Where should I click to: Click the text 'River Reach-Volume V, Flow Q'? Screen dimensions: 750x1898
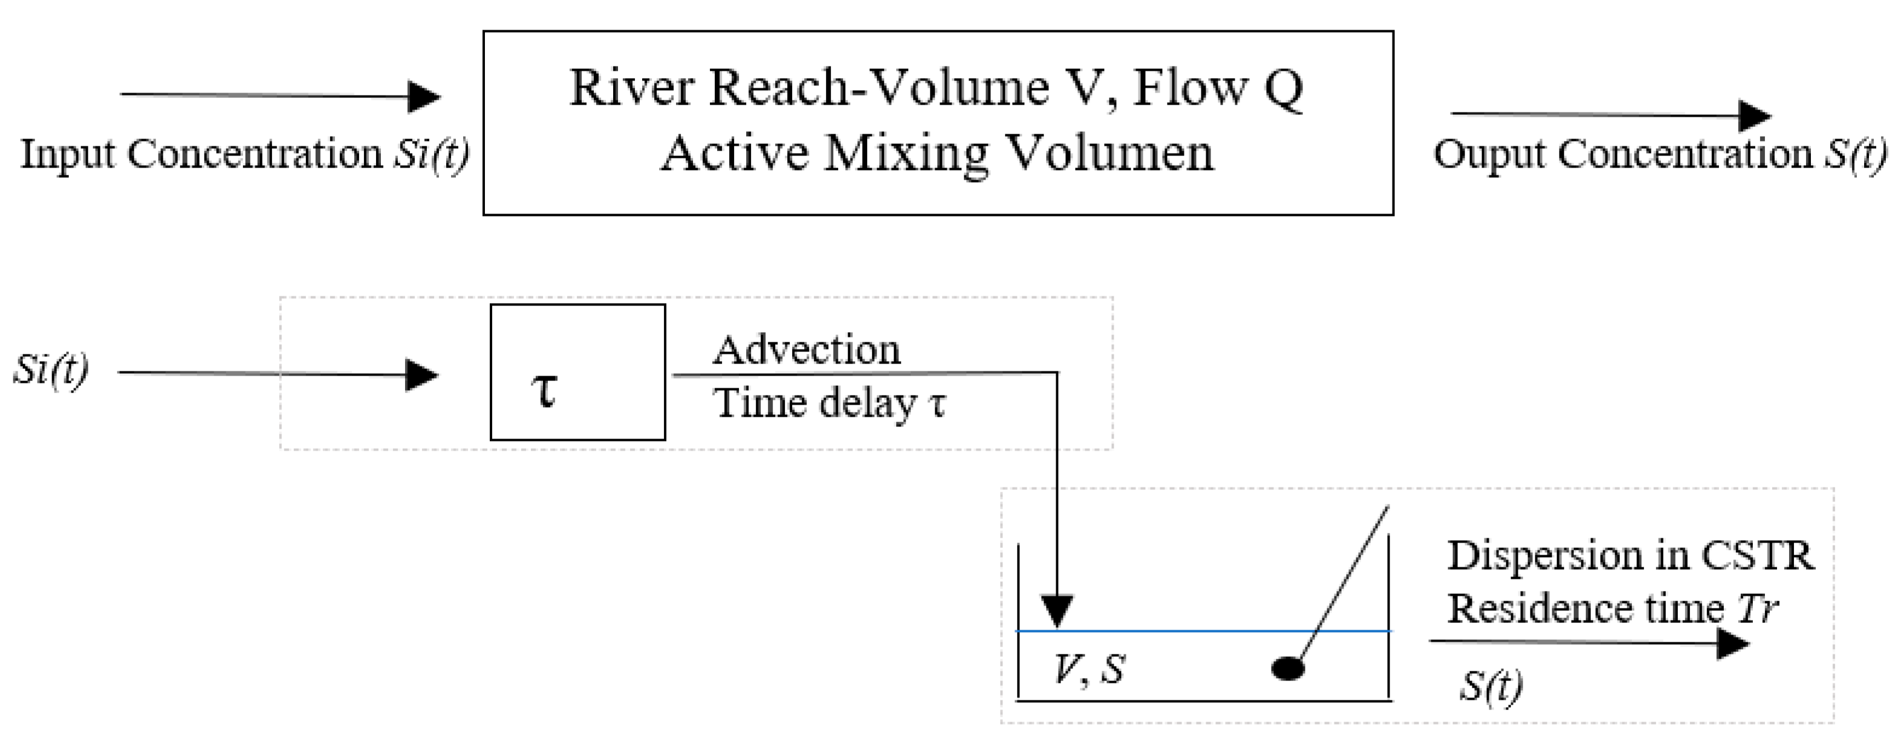tap(937, 89)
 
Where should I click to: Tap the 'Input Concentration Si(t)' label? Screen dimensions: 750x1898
tap(245, 155)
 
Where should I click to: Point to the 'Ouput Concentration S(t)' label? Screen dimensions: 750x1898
tap(1660, 155)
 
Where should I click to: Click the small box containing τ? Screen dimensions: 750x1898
tap(577, 372)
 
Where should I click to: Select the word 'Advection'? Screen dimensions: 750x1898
tap(806, 350)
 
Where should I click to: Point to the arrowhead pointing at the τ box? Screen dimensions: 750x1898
tap(422, 374)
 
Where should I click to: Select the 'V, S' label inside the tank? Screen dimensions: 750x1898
tap(1089, 669)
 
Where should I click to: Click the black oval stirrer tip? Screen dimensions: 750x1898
tap(1288, 668)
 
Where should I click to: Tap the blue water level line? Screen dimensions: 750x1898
tap(1179, 631)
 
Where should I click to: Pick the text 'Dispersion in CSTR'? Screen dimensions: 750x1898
tap(1630, 555)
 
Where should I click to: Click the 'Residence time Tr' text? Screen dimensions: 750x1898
tap(1612, 609)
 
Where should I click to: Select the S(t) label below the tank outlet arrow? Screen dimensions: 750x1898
tap(1490, 686)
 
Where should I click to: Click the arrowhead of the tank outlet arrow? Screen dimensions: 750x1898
tap(1732, 645)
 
